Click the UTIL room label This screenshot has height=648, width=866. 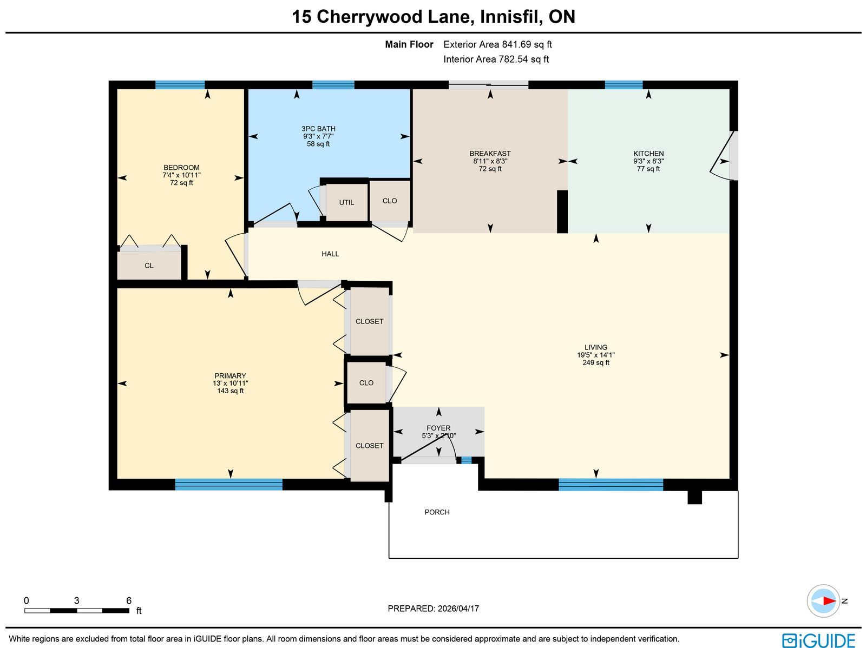[346, 202]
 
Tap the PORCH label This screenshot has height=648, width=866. [437, 512]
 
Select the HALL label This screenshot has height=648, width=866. [330, 254]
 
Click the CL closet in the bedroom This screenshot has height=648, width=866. [149, 266]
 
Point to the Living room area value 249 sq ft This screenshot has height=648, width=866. [596, 362]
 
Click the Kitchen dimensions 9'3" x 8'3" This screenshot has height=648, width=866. [648, 161]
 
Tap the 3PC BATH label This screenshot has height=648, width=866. [318, 129]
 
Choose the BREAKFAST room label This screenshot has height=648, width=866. [490, 153]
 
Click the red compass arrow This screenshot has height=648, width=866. [829, 601]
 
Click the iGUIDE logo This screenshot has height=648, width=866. [819, 640]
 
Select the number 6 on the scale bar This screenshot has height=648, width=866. [129, 600]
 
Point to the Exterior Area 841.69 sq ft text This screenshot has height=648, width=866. [497, 44]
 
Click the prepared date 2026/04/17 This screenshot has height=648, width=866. [458, 608]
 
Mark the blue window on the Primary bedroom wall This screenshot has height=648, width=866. [229, 484]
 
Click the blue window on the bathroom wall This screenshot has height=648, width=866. [333, 85]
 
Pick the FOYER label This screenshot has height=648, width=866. [438, 428]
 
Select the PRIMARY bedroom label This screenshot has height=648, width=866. [230, 375]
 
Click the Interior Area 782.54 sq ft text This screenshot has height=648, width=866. [496, 59]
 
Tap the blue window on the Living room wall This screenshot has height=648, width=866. [611, 485]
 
